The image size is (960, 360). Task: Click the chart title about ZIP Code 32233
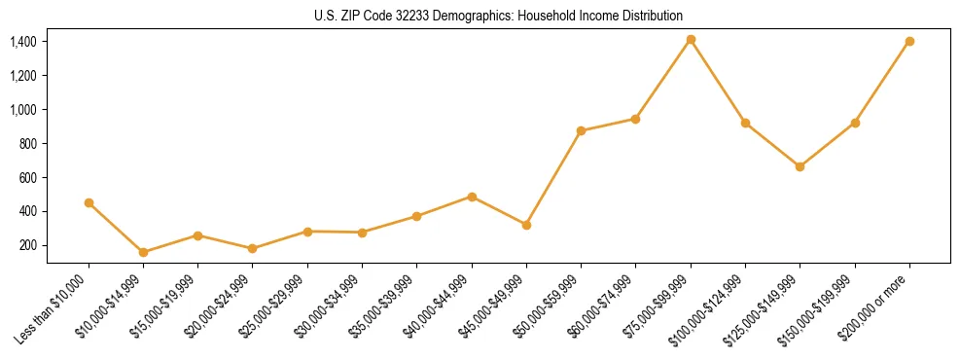pos(499,16)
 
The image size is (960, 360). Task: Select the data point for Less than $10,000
pos(89,202)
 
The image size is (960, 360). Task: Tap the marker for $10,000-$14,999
pos(143,252)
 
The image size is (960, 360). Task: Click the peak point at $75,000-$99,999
pos(691,39)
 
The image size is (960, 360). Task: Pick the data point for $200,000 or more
pos(909,41)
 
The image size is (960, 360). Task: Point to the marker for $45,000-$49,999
pos(526,225)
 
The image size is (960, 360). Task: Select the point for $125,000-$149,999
pos(800,166)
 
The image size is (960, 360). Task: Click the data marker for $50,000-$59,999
pos(581,130)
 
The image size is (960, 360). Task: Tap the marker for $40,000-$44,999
pos(472,197)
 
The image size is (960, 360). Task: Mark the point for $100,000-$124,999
pos(745,123)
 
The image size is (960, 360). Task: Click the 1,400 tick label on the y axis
pos(23,42)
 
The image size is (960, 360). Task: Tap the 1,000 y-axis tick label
pos(23,110)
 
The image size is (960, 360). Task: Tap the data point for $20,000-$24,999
pos(252,248)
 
